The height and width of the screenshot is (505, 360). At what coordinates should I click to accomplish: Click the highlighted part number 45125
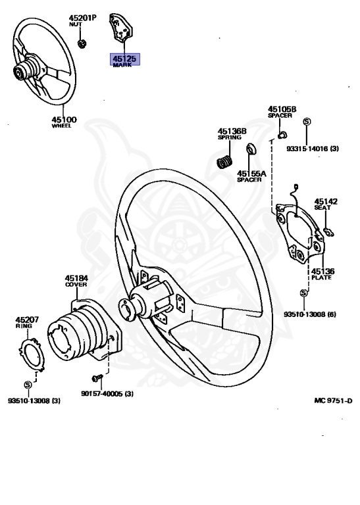coord(124,59)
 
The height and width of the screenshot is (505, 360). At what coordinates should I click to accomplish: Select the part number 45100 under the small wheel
coord(64,119)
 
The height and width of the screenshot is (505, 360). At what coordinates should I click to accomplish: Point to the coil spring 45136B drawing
coord(226,160)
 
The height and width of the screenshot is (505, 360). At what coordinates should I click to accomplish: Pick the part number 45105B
coord(282,109)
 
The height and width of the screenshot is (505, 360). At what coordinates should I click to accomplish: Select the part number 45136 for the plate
coord(322,270)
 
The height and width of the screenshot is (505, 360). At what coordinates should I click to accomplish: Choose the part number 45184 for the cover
coord(76,279)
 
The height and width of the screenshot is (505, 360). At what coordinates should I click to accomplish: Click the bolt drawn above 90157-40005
coord(97,378)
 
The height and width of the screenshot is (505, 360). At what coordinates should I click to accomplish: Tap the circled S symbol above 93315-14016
coord(307,121)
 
